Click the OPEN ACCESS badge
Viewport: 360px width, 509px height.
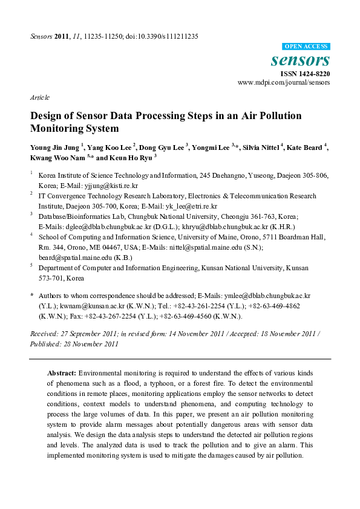(306, 47)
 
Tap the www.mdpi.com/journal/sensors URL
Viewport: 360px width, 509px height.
(283, 82)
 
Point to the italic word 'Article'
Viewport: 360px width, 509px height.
(39, 97)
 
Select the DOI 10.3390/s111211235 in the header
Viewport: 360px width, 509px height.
(164, 36)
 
